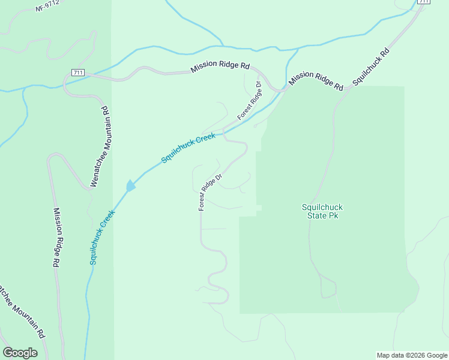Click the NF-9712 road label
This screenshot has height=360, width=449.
point(49,7)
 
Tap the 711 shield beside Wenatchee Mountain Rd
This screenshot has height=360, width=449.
point(77,73)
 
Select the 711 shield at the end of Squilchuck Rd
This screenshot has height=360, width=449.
point(424,2)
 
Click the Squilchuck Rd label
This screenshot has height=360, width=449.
point(370,66)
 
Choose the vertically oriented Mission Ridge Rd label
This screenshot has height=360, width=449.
point(56,238)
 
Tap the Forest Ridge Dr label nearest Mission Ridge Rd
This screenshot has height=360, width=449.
point(251,100)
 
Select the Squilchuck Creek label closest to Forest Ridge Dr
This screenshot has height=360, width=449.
point(188,148)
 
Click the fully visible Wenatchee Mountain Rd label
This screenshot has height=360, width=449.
point(99,147)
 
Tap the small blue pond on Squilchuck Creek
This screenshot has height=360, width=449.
point(130,186)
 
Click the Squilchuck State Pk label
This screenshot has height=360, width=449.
point(322,211)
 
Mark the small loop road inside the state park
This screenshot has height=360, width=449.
point(328,287)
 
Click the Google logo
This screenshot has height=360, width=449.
point(20,353)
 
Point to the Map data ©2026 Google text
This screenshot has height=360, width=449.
point(412,355)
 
